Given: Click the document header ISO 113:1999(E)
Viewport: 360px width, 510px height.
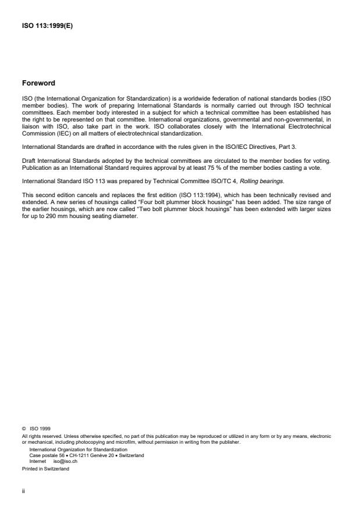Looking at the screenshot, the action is [x=48, y=26].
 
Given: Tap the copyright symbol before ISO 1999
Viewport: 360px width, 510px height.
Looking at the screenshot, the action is [x=24, y=428].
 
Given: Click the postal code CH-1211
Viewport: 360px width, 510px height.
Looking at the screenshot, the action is [x=80, y=455].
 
